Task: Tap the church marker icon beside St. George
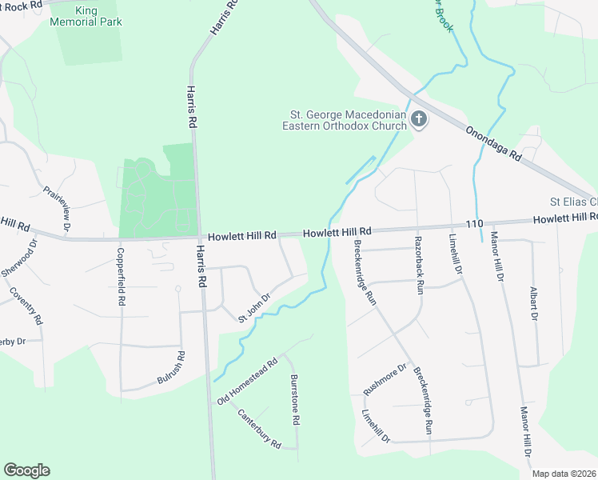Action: pyautogui.click(x=419, y=120)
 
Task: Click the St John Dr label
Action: pyautogui.click(x=255, y=307)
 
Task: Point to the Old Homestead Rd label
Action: pyautogui.click(x=248, y=380)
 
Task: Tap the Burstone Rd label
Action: pyautogui.click(x=294, y=399)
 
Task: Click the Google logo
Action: pyautogui.click(x=26, y=470)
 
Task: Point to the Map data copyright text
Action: pyautogui.click(x=564, y=474)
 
